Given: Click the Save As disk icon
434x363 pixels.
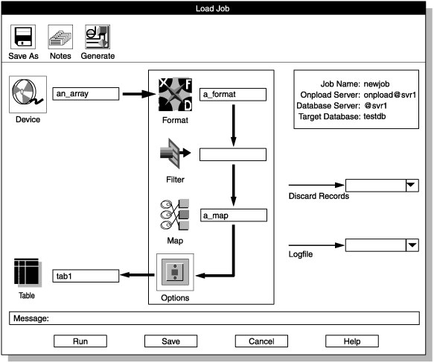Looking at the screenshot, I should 22,38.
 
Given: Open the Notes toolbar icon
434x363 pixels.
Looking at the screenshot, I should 60,38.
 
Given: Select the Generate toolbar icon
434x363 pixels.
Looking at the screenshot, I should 98,38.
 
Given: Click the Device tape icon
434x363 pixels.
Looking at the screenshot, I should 27,95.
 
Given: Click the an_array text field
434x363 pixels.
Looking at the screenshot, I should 86,94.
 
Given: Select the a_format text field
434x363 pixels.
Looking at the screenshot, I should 233,95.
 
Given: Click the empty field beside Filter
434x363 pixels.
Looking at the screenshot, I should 233,155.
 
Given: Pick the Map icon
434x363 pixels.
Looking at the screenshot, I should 173,215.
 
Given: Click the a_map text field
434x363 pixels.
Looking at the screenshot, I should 233,215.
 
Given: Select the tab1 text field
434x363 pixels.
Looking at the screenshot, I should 86,276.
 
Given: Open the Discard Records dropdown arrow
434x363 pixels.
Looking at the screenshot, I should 410,185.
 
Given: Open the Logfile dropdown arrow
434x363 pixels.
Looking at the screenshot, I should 410,244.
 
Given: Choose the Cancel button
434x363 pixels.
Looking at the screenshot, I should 261,341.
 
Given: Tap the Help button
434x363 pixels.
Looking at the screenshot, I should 352,341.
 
